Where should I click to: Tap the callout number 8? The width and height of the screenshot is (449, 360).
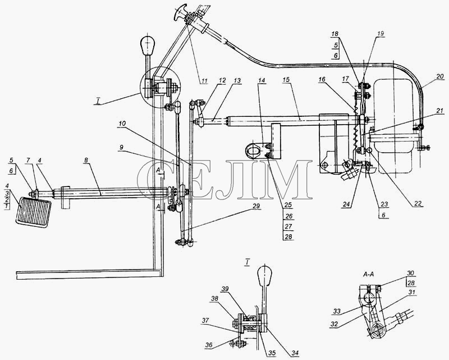(86, 161)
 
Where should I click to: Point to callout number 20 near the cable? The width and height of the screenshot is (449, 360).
(439, 76)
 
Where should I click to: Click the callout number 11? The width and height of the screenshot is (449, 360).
(204, 81)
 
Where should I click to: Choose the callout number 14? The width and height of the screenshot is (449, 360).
(262, 79)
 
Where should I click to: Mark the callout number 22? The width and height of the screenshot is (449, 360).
(418, 204)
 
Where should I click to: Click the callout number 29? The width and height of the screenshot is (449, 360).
(256, 205)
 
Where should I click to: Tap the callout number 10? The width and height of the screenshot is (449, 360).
(122, 124)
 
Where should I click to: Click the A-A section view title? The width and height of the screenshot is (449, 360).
(368, 274)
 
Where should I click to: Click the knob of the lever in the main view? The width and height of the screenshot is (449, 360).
(147, 45)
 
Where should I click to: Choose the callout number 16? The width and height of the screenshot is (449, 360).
(322, 79)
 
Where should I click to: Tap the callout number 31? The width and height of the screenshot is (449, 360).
(412, 292)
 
